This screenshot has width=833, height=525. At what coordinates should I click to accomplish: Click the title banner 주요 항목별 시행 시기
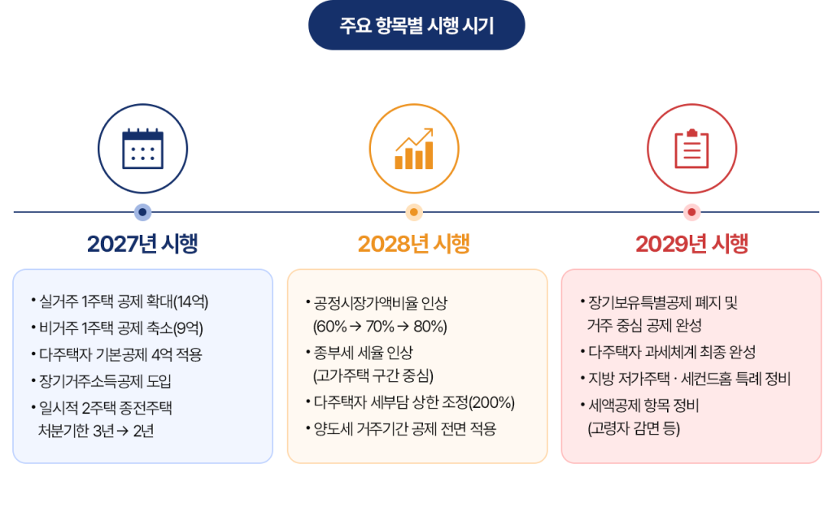coord(416,25)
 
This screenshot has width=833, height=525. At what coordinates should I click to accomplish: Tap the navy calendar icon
coord(142,149)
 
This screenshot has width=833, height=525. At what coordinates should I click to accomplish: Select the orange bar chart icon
coord(414,149)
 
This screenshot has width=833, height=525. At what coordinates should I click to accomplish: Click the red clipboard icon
coord(691,149)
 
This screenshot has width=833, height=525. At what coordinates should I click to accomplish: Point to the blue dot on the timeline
coord(142,212)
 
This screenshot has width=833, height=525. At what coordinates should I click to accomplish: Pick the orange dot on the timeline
coord(414,212)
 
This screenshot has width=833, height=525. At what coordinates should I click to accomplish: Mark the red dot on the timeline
coord(691,212)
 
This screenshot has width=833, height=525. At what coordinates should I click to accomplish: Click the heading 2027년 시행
coord(142,244)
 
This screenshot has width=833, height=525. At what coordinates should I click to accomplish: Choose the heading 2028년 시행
coord(414,244)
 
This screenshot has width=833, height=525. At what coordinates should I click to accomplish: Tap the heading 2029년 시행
coord(691,244)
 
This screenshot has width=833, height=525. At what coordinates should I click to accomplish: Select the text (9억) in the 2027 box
coord(188,328)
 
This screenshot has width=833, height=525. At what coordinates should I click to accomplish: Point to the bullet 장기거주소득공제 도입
coord(101,381)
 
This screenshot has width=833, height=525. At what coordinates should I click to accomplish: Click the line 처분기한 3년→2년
coord(96,431)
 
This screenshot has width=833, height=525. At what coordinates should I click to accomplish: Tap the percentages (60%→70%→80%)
coord(380,326)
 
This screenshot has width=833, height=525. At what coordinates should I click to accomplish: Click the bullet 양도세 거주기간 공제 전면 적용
coord(401,428)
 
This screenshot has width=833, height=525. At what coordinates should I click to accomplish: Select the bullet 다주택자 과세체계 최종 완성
coord(668,352)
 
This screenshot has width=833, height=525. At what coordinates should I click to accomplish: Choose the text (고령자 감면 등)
coord(634,428)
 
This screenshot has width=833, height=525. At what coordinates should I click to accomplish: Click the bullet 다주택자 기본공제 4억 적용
coord(116,354)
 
